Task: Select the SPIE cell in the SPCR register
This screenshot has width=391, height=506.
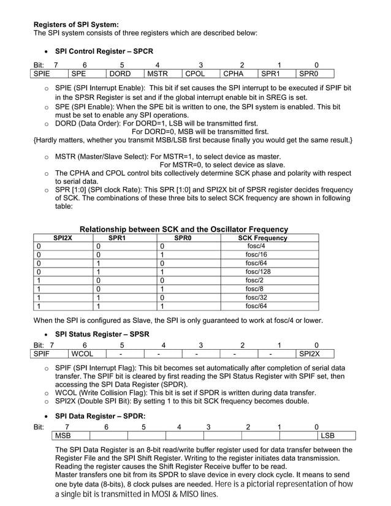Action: (50, 74)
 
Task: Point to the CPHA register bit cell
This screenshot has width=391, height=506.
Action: (239, 74)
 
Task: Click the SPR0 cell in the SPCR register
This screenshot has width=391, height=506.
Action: (315, 74)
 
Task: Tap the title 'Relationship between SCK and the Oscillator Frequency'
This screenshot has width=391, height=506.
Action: (184, 229)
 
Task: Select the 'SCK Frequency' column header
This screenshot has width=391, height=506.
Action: (262, 238)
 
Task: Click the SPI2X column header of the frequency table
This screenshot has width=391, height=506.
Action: (63, 238)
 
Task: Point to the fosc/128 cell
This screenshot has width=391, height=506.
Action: (258, 271)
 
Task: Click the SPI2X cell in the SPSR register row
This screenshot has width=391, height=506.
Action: (315, 354)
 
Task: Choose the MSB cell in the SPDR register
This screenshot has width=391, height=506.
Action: (70, 436)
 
